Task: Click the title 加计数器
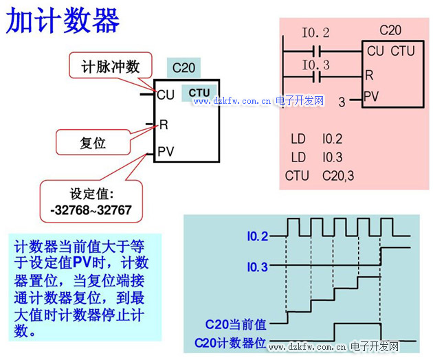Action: pyautogui.click(x=63, y=21)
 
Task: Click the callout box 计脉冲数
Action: pyautogui.click(x=110, y=67)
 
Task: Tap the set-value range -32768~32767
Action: pyautogui.click(x=91, y=209)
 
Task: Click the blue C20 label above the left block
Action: pyautogui.click(x=184, y=67)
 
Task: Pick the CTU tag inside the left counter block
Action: pyautogui.click(x=199, y=93)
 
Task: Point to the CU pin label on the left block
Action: pyautogui.click(x=166, y=95)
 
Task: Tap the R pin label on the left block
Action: pyautogui.click(x=163, y=125)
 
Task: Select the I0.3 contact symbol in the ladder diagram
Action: pyautogui.click(x=316, y=76)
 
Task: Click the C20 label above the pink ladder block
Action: pyautogui.click(x=390, y=31)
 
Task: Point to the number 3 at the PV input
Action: pyautogui.click(x=342, y=102)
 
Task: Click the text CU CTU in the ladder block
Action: pyautogui.click(x=390, y=51)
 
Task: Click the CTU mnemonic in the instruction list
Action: pyautogui.click(x=297, y=176)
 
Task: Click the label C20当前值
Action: pyautogui.click(x=236, y=322)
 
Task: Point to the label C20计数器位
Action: pyautogui.click(x=231, y=341)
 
